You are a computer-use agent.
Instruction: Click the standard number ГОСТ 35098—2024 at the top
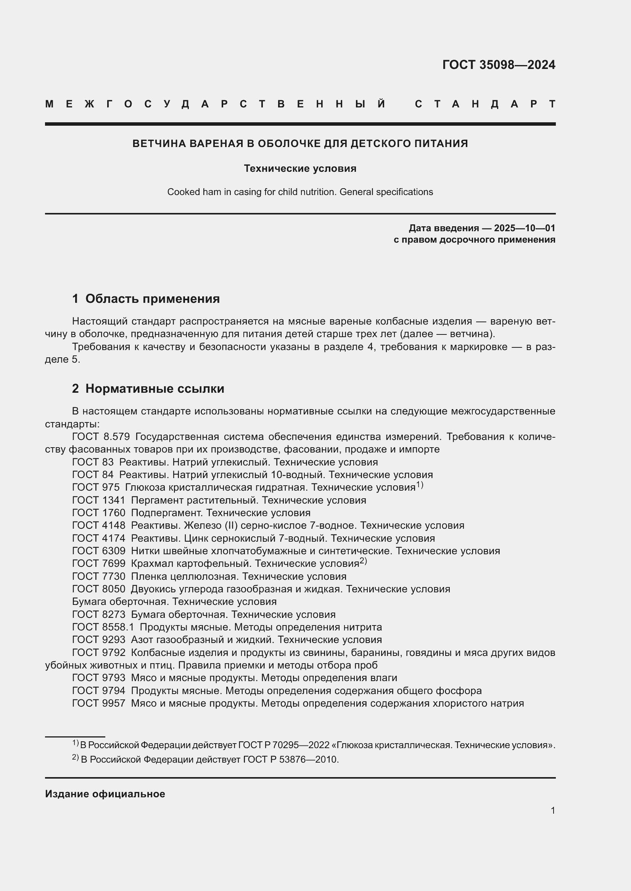pos(499,64)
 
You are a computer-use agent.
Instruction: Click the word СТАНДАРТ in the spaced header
pos(485,104)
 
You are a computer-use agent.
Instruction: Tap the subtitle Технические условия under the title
pos(300,168)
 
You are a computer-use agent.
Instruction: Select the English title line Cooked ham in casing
pos(300,192)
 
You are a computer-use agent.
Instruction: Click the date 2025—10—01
pos(525,228)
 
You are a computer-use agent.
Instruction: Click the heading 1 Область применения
pos(146,298)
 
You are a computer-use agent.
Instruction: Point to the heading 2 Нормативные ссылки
pos(148,389)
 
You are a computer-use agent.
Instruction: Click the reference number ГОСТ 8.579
pos(101,437)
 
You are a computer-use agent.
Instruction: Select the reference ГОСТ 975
pos(96,488)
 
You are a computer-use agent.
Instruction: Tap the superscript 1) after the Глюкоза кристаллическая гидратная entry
pos(420,485)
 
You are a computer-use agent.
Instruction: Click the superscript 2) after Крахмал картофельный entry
pos(363,561)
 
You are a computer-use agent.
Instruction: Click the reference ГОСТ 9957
pos(99,703)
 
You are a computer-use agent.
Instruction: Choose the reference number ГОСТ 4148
pos(99,525)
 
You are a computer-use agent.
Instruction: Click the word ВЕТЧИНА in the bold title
pos(159,144)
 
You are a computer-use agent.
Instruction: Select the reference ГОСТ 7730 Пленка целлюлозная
pos(99,576)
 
